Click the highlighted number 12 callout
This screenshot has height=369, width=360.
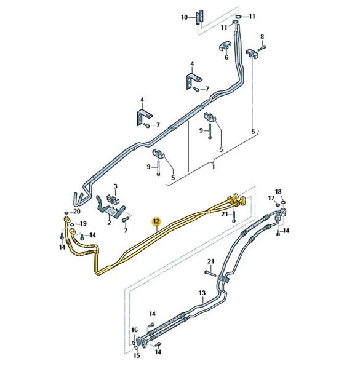click(x=156, y=221)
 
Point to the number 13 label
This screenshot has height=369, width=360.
click(x=202, y=293)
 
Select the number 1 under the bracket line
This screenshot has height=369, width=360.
click(x=214, y=167)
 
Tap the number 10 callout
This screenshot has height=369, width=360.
click(x=185, y=17)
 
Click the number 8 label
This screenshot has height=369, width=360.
click(x=262, y=36)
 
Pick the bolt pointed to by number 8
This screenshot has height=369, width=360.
click(x=262, y=48)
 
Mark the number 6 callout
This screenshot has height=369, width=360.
click(x=226, y=57)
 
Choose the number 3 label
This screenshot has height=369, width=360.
click(x=115, y=186)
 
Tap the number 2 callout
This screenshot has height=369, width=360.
click(x=109, y=223)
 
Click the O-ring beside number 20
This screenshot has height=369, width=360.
click(x=66, y=213)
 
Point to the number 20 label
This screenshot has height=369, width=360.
click(x=77, y=212)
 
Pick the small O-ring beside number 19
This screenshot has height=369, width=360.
click(x=73, y=224)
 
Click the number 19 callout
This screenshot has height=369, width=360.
click(x=83, y=224)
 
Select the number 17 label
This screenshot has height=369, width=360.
click(x=271, y=199)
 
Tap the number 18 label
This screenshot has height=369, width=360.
click(x=278, y=192)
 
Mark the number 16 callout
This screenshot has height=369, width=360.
click(x=134, y=330)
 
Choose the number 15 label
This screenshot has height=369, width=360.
click(x=137, y=355)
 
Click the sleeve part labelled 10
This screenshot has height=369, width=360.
click(x=199, y=17)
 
